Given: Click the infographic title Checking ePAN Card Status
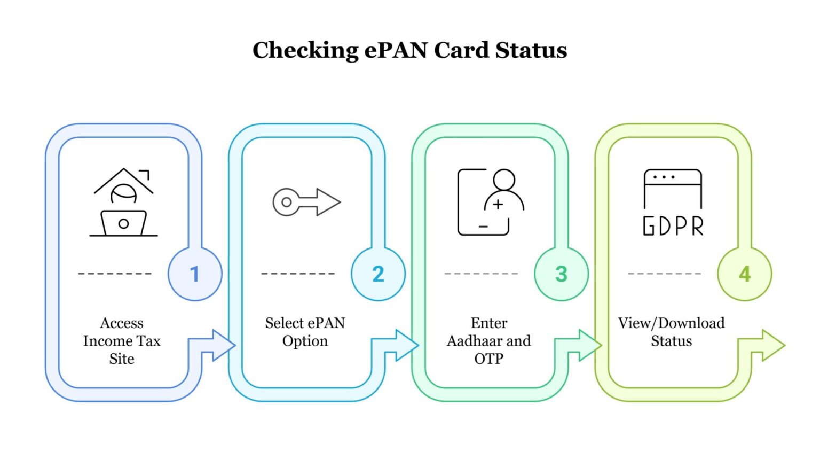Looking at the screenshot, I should pos(409,50).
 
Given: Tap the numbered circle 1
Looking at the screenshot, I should pos(195,274).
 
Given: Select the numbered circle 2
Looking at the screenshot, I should pos(378,274).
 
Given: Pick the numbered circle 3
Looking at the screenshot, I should pos(561,274).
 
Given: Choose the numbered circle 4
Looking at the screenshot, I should pos(744,274).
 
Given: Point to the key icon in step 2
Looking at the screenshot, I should pos(306,202).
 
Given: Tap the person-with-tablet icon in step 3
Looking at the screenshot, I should pos(490,202).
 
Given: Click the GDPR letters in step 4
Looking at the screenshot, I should pos(673,226).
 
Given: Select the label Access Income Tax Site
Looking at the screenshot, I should pos(122,340).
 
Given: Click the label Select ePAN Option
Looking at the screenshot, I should pos(305,332).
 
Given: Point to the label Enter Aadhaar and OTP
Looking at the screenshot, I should pos(489,340).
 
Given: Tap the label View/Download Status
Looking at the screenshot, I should pos(671,332).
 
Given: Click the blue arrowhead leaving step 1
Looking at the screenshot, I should pos(223,345).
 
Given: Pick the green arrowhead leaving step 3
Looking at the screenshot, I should pos(589,345).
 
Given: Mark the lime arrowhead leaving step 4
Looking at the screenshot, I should pos(772,345).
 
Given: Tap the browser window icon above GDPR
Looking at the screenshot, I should pos(673,188).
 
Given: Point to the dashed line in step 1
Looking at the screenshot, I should pos(115,274).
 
